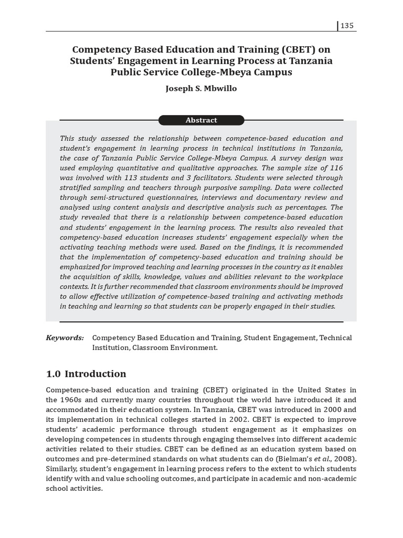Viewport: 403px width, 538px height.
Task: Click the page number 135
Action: click(x=347, y=26)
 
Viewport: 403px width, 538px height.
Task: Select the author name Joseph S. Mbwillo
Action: click(x=201, y=88)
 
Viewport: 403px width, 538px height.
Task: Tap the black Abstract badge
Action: click(x=201, y=120)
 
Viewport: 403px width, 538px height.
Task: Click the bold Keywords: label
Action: click(x=65, y=338)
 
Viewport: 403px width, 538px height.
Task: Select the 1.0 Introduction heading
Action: click(x=86, y=374)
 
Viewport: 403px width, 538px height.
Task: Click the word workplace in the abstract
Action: click(x=324, y=276)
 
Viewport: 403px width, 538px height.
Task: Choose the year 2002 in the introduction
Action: click(x=238, y=419)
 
